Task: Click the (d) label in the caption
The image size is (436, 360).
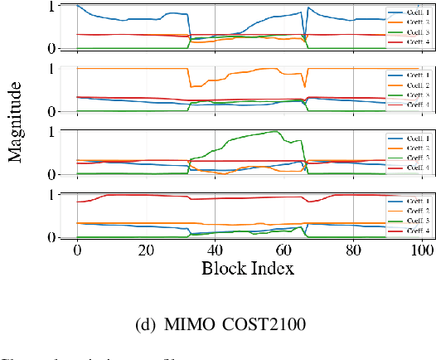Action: [x=146, y=324]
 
